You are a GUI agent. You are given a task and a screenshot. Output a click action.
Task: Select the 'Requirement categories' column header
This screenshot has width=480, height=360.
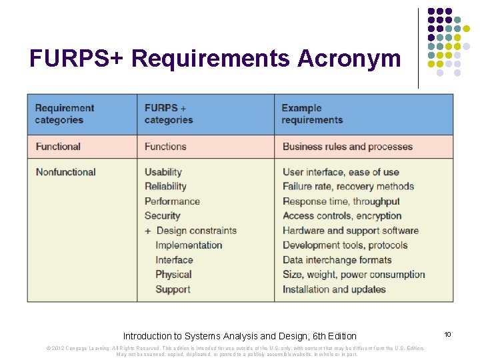(x=65, y=114)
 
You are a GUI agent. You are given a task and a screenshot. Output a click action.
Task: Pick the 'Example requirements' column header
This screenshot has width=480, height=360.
(x=312, y=114)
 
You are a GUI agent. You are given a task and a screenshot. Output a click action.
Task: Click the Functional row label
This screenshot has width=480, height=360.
(x=58, y=147)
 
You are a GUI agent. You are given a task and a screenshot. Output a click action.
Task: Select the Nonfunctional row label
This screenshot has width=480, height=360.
(x=65, y=172)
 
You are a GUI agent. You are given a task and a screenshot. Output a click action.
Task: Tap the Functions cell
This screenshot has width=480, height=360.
(x=165, y=147)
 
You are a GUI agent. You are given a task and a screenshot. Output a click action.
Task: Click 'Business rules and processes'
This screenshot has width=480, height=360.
(x=347, y=147)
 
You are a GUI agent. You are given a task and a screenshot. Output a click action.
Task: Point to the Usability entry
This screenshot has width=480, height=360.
(x=163, y=172)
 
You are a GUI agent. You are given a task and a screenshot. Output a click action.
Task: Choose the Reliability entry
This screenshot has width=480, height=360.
(x=165, y=187)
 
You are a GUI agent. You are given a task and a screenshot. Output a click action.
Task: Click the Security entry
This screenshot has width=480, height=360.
(x=163, y=216)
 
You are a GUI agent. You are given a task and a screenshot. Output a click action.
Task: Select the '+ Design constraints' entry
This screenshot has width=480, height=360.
(x=191, y=231)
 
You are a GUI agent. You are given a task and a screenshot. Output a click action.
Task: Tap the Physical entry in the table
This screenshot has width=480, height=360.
(x=173, y=275)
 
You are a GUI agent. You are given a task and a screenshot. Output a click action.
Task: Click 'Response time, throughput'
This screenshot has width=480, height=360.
(x=341, y=201)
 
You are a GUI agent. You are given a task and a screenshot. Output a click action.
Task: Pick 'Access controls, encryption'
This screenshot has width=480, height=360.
(x=342, y=216)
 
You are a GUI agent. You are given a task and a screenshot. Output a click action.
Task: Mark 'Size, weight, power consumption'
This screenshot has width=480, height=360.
(x=353, y=275)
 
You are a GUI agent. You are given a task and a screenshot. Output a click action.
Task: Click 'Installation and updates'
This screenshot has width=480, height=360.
(x=334, y=289)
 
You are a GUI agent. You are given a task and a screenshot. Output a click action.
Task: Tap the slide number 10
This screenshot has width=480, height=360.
(x=447, y=334)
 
